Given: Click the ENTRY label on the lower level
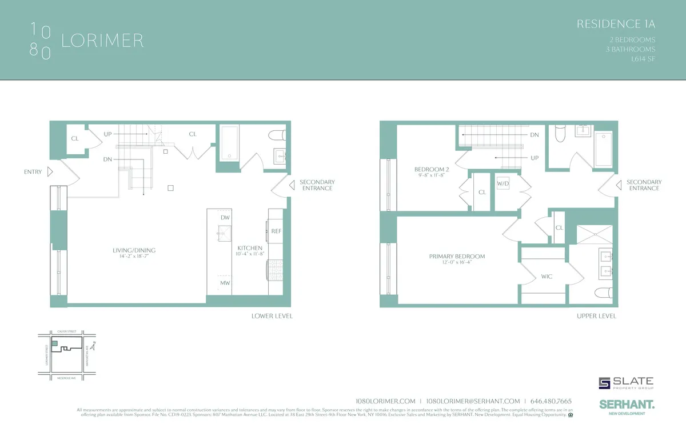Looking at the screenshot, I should click(33, 171).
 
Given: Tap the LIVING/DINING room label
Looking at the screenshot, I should click(134, 250).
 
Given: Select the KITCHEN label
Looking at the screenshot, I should click(250, 248).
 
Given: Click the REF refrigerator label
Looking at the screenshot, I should click(276, 231).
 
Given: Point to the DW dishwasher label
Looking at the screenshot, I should click(225, 218).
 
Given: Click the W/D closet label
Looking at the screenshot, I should click(503, 183).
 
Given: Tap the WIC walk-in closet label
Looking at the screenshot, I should click(547, 277).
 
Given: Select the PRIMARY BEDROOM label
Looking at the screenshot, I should click(457, 257).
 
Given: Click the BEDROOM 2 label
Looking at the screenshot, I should click(432, 169).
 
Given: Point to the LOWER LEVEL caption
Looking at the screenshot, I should click(272, 316).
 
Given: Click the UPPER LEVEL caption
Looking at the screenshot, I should click(596, 316).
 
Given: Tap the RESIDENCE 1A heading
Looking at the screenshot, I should click(615, 24).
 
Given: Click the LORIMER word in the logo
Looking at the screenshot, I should click(102, 41).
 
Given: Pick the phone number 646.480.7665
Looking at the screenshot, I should click(551, 401).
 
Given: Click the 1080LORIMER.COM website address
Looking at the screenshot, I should click(385, 401).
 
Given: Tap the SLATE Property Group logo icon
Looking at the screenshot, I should click(604, 383).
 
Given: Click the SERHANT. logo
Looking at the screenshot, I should click(627, 404).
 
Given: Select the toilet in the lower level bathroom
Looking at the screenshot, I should click(277, 135).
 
